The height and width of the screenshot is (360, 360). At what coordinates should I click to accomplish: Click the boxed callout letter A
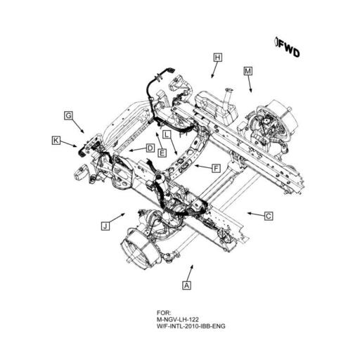click(186, 285)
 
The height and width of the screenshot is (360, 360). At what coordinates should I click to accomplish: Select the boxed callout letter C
click(269, 216)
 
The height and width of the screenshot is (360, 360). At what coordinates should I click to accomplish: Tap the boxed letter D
click(150, 148)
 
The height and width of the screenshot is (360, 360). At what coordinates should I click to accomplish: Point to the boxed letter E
click(162, 153)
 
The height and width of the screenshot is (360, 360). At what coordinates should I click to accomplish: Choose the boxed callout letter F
click(216, 168)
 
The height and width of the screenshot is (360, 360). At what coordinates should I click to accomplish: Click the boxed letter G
click(68, 115)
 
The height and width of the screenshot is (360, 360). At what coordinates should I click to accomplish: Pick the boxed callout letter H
click(218, 58)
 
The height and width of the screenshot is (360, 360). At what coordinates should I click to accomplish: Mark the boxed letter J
click(105, 226)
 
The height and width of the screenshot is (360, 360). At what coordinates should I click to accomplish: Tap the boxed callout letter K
click(56, 141)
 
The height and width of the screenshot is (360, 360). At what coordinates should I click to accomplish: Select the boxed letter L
click(167, 134)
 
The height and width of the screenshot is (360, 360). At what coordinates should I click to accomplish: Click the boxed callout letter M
click(248, 71)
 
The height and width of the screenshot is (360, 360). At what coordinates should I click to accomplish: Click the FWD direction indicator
click(287, 47)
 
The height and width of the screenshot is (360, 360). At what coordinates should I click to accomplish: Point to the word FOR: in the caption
click(164, 313)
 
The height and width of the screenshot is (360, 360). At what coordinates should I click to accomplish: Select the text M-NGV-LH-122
click(178, 319)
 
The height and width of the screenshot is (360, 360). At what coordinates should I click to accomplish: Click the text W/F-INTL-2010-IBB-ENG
click(191, 326)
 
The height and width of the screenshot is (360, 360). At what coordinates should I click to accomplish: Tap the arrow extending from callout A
click(190, 273)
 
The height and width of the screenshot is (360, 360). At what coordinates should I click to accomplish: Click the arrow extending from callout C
click(256, 214)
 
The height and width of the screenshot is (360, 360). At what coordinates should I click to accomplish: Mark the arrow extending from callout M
click(250, 84)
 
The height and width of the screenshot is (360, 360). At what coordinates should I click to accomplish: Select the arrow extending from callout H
click(214, 70)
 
